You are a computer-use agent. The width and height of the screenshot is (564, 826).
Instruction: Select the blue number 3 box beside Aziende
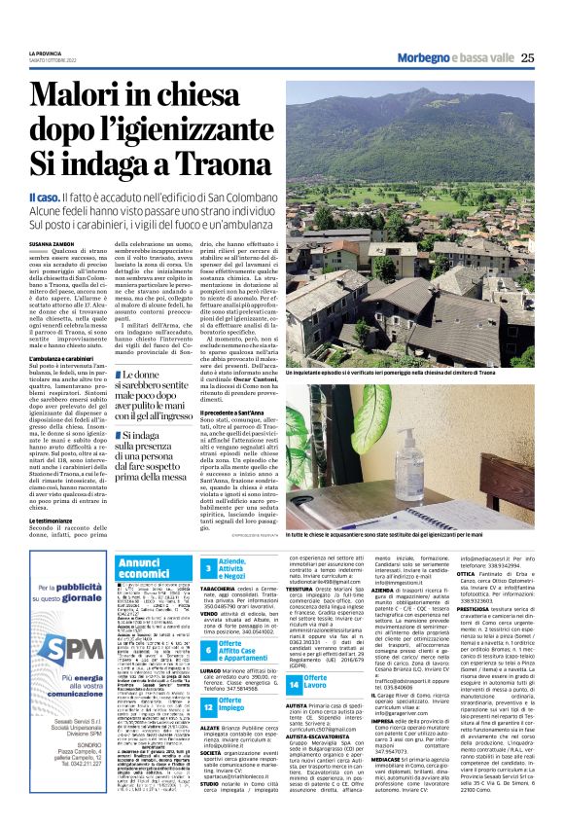[x=209, y=569]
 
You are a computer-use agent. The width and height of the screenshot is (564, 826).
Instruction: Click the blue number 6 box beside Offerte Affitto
[x=209, y=649]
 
